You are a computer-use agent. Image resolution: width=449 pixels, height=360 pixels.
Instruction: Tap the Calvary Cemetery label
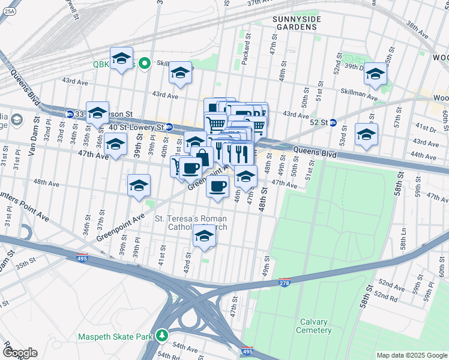[314, 326]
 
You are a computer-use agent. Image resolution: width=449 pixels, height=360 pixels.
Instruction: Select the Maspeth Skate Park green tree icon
[162, 337]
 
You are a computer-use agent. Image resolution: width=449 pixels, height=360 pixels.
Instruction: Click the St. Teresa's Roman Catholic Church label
[191, 223]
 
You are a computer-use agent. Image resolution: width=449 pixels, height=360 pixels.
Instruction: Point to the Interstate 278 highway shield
[285, 281]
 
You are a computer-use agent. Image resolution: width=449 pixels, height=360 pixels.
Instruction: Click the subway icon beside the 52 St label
[333, 123]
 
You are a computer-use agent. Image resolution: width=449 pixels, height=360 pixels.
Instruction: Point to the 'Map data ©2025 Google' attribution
[411, 355]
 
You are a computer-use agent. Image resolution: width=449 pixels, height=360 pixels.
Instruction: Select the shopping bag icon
[203, 158]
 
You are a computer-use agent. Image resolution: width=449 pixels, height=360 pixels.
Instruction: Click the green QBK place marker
[144, 63]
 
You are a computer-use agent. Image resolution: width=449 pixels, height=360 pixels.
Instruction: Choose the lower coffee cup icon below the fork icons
[217, 185]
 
